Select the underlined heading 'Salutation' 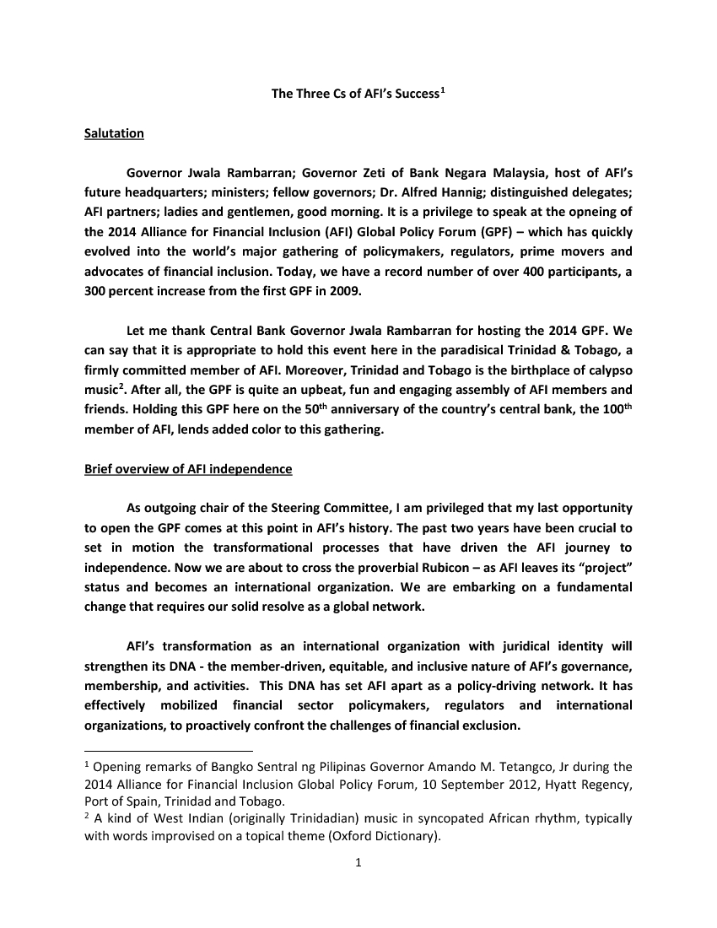coord(114,134)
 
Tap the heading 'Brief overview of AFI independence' coord(188,469)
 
